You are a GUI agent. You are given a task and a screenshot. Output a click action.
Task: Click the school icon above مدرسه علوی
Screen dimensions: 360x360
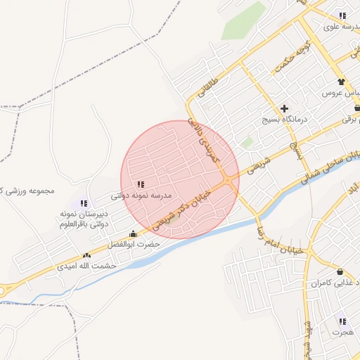pos(342,15)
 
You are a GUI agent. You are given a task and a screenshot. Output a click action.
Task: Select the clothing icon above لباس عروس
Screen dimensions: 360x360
pos(342,82)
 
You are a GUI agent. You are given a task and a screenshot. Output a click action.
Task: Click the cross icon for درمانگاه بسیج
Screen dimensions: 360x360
pos(284,108)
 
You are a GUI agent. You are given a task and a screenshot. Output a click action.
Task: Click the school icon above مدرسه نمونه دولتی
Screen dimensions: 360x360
pos(141,184)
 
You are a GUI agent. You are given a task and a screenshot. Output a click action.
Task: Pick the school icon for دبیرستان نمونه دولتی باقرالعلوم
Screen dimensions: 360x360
pos(84,203)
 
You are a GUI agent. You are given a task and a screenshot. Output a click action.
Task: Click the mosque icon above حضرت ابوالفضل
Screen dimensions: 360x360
pos(134,233)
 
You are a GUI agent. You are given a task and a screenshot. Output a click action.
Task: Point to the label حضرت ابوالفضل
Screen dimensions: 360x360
pos(134,244)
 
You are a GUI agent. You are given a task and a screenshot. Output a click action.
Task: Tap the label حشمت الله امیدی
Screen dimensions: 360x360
pos(86,266)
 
